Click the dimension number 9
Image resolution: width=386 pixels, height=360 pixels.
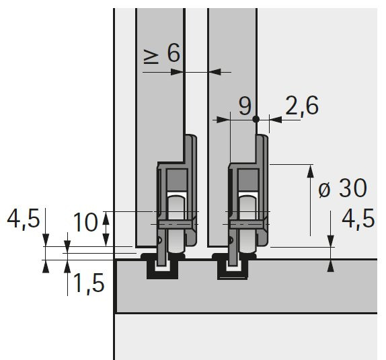245,105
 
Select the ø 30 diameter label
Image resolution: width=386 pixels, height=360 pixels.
342,189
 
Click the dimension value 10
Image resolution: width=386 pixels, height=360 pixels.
85,222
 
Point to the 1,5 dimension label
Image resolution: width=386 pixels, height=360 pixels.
89,284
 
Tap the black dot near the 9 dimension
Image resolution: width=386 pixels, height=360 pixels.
256,120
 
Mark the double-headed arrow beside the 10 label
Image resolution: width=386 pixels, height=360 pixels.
107,227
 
